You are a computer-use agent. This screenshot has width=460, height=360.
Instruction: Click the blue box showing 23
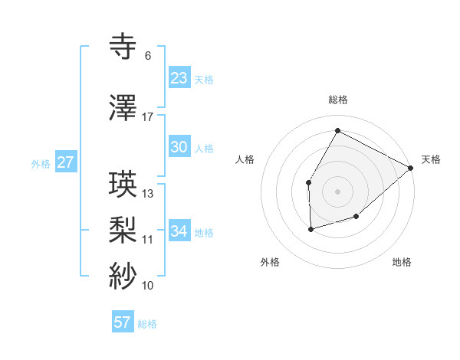[179, 77]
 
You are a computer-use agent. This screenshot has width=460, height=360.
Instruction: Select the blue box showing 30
[179, 147]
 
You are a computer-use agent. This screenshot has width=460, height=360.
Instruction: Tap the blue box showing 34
[179, 231]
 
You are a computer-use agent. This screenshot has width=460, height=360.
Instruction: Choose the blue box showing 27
[65, 162]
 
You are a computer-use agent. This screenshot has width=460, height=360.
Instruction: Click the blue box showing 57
[123, 322]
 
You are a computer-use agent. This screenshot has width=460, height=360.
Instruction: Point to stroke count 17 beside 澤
[148, 117]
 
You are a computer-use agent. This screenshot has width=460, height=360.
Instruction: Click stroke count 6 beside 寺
[147, 56]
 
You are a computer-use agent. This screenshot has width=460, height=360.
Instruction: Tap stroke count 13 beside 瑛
[148, 194]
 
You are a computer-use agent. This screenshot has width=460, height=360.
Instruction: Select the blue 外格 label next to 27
[41, 163]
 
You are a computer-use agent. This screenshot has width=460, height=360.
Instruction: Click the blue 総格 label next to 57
[147, 324]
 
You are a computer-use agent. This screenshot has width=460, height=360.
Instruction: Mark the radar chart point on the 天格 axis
[411, 169]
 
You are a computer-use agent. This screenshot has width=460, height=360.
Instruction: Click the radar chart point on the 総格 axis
[337, 129]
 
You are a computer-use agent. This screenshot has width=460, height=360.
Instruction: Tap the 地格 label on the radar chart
[402, 263]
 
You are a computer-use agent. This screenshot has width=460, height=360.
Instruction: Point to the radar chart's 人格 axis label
[245, 159]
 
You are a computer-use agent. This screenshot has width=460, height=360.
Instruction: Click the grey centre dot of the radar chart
[337, 191]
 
